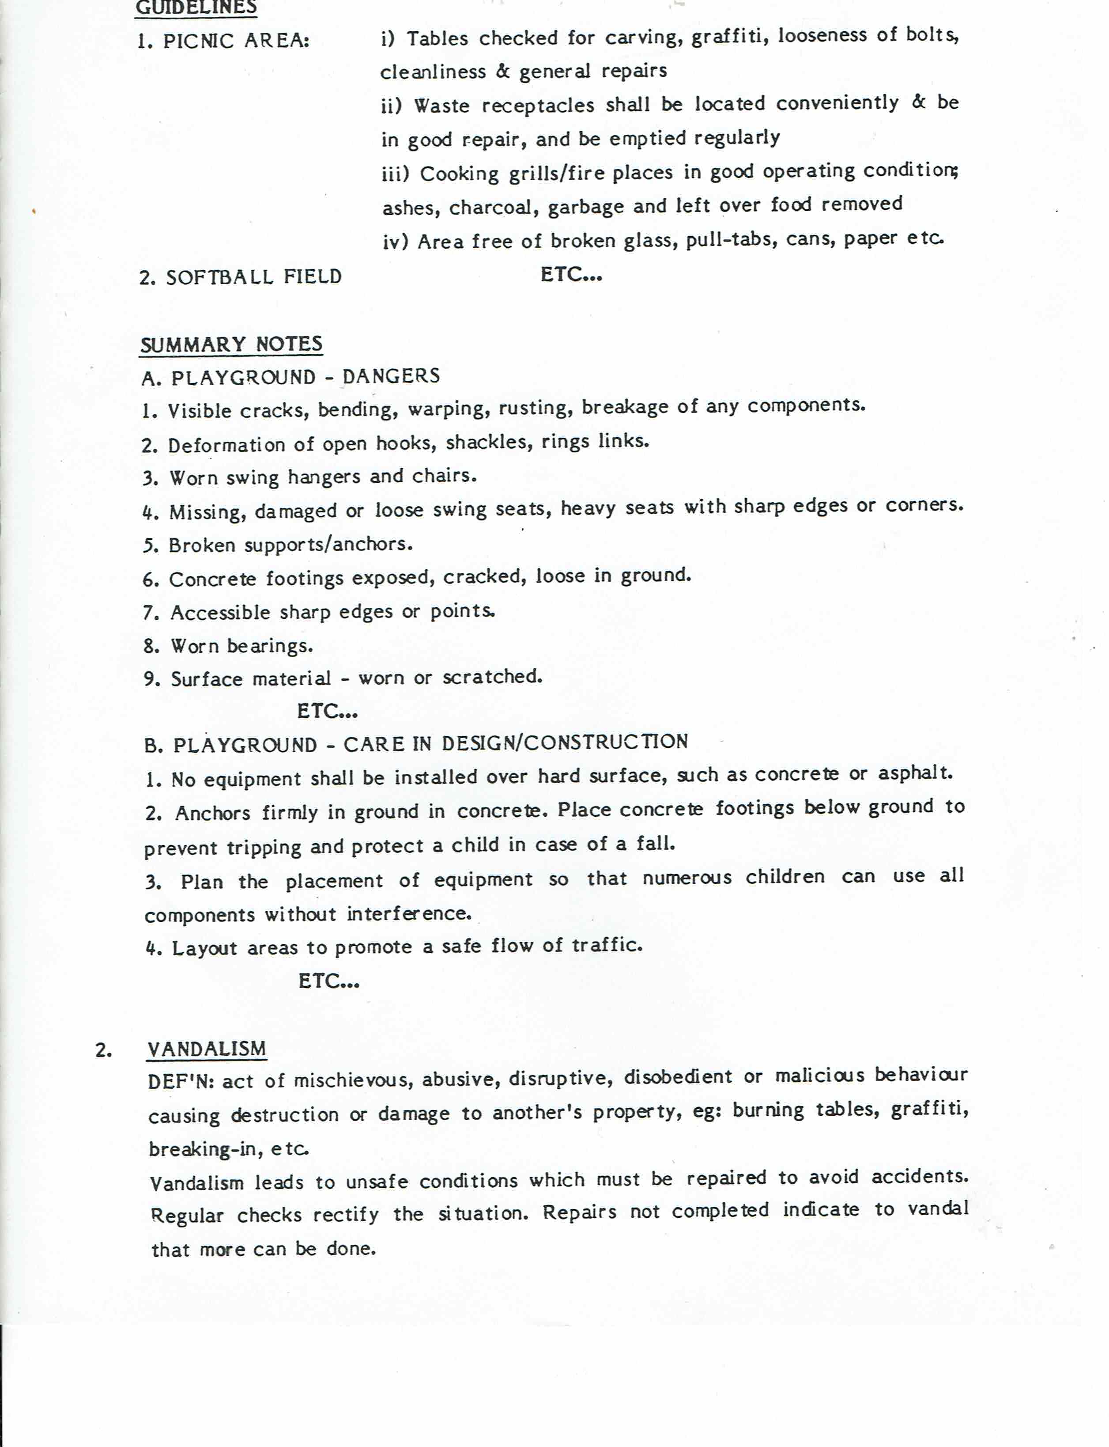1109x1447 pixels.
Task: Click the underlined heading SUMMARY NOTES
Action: [231, 344]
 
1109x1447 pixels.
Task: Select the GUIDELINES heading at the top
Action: [196, 7]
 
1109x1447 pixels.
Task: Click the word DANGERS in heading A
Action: [391, 376]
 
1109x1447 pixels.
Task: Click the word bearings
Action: [269, 645]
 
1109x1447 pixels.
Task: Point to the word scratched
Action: [492, 676]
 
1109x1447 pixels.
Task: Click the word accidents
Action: [920, 1176]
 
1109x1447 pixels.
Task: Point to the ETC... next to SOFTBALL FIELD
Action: [571, 274]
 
